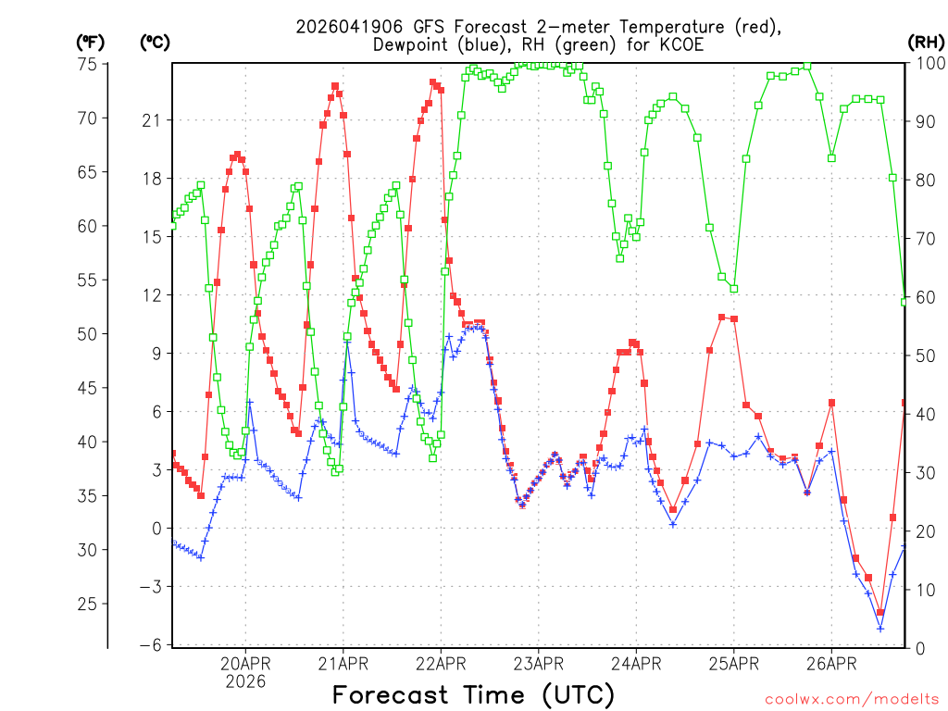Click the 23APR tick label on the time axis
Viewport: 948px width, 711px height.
point(539,663)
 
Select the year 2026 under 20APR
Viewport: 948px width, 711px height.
point(245,681)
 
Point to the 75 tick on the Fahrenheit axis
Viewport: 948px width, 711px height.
point(88,64)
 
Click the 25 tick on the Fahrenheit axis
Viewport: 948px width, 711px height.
point(88,604)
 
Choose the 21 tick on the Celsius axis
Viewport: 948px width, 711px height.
point(151,120)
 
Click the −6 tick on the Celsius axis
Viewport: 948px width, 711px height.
point(151,645)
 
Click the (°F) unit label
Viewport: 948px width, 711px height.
point(91,42)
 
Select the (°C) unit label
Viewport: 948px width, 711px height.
point(155,42)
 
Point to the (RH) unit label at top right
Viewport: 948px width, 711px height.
point(926,42)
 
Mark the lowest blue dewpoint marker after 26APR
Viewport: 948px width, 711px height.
point(880,629)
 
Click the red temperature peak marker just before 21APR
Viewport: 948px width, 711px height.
point(335,86)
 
